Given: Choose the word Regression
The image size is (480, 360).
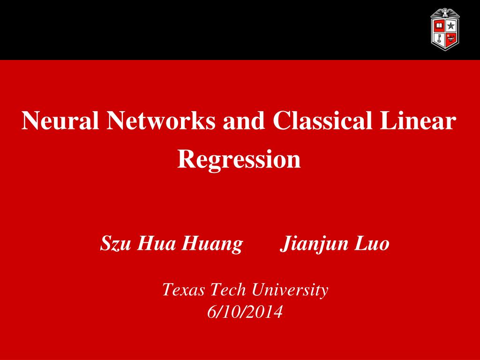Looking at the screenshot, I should pos(239,159).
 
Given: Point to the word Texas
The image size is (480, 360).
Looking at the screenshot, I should pos(183,290).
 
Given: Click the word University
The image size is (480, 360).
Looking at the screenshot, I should pos(289,291).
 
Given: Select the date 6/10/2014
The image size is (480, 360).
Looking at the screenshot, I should pos(245,312).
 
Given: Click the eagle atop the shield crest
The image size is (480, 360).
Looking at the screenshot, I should pos(445,12).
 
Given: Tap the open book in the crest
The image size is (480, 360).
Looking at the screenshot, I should pos(439,25).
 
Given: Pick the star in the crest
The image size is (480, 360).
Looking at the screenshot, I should pos(451,25).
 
